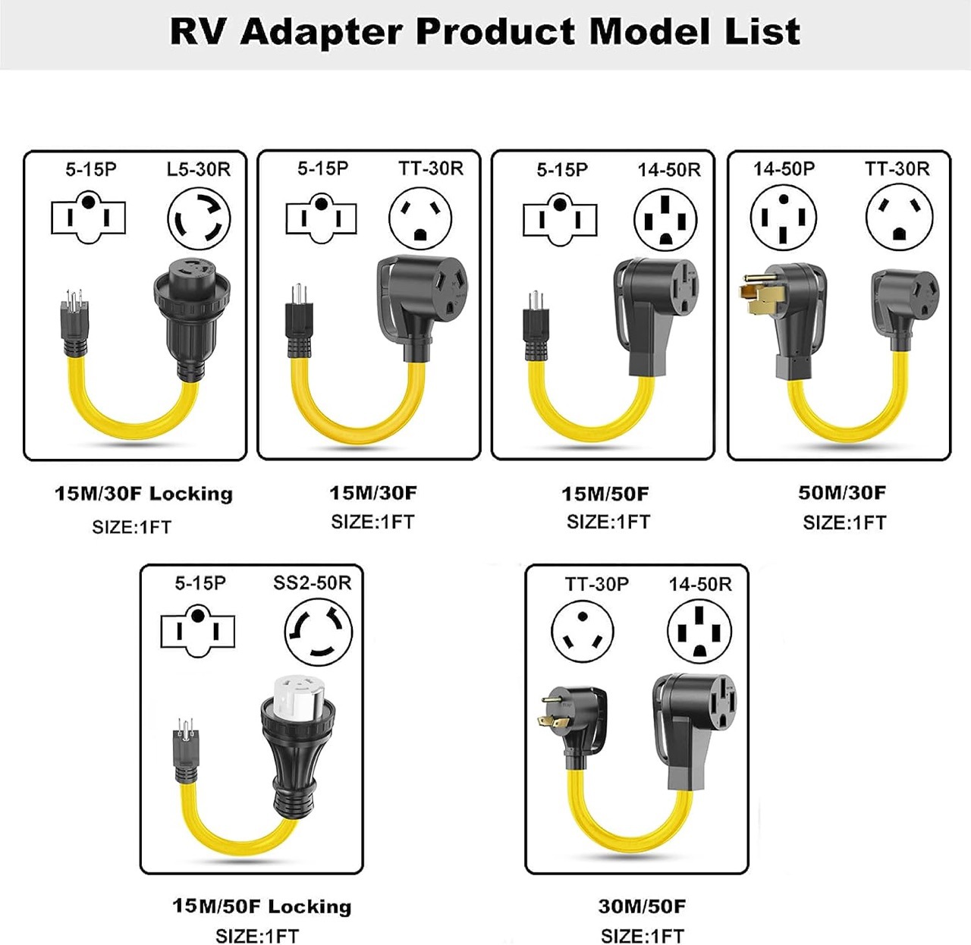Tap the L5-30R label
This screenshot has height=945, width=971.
coord(199,169)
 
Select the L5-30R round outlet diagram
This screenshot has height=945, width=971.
coord(199,219)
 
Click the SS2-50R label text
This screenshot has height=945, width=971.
coord(312,583)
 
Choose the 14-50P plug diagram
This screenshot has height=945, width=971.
coord(784,218)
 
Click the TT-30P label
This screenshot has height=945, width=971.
coord(596,584)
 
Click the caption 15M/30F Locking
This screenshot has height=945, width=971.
coord(143,494)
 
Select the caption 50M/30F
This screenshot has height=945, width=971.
coord(841,493)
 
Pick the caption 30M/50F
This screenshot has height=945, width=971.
coord(642,906)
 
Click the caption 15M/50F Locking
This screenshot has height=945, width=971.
coord(262,906)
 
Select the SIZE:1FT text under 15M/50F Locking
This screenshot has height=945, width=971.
coord(257,936)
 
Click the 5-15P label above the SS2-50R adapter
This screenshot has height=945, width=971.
coord(200,583)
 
